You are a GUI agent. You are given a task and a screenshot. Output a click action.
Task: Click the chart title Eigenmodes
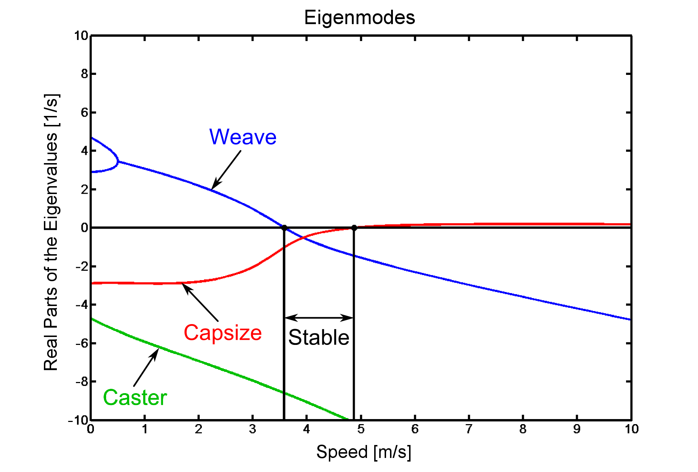coord(359,17)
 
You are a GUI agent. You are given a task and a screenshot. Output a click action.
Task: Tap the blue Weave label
coord(243,137)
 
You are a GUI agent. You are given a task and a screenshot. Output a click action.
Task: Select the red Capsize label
coord(223,332)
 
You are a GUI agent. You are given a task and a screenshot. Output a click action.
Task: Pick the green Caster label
coord(135,397)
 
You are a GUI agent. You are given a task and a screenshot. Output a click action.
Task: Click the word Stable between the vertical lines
coord(319,337)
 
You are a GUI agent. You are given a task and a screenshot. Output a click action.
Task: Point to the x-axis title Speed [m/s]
coord(363,452)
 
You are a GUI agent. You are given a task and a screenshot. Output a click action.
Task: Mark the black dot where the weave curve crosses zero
coord(284,228)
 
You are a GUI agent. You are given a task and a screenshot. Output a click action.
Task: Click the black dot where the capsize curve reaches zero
coord(354,228)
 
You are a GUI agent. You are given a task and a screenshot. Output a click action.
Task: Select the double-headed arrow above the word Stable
coord(319,318)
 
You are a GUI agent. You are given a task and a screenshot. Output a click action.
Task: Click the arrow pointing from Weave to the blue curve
coord(226,170)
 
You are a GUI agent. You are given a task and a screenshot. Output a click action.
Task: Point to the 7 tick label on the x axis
coord(469,429)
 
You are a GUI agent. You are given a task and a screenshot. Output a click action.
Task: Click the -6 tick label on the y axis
coord(82,343)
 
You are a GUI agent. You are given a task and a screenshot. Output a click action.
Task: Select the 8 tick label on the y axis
coord(84,74)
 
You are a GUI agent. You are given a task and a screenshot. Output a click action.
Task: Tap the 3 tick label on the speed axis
coord(253,429)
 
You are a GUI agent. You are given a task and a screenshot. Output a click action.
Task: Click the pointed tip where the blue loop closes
coord(118,162)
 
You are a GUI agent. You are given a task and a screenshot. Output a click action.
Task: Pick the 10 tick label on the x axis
coord(631,429)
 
